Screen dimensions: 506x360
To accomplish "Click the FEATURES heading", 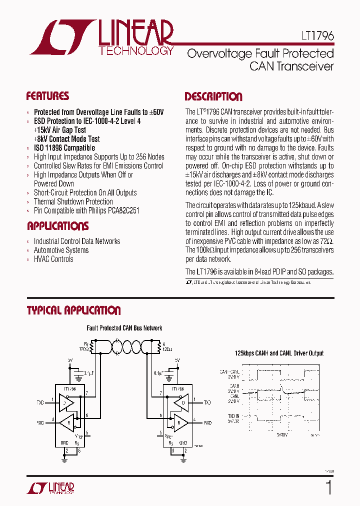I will click(x=47, y=96).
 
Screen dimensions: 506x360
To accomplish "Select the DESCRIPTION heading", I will click(x=213, y=96).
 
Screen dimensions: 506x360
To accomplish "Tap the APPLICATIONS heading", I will click(x=57, y=225).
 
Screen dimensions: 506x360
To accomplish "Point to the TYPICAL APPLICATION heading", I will click(x=73, y=310).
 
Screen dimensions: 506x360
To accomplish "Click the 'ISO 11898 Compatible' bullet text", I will click(x=64, y=148).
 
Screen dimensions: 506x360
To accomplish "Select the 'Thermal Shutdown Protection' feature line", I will click(x=73, y=201).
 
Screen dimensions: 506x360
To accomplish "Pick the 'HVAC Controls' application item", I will click(x=53, y=259).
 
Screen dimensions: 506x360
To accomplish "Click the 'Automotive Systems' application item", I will click(x=61, y=250).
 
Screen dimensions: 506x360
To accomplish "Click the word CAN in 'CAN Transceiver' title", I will click(x=260, y=66).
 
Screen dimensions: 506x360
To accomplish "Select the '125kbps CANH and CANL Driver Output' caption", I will click(x=279, y=353).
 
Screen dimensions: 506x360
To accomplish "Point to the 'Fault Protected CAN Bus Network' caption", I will click(x=124, y=328).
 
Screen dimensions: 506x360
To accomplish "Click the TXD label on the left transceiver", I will click(x=40, y=402).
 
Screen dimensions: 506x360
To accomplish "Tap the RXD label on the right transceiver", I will click(x=207, y=422).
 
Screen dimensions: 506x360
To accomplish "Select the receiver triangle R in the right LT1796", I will click(x=179, y=422).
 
